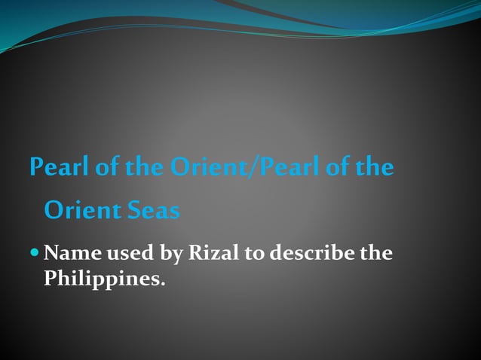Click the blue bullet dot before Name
tap(35, 253)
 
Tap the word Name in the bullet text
tap(72, 254)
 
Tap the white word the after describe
tap(375, 254)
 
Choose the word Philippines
tap(101, 279)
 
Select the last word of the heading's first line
tap(375, 167)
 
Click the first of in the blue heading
tap(107, 167)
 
